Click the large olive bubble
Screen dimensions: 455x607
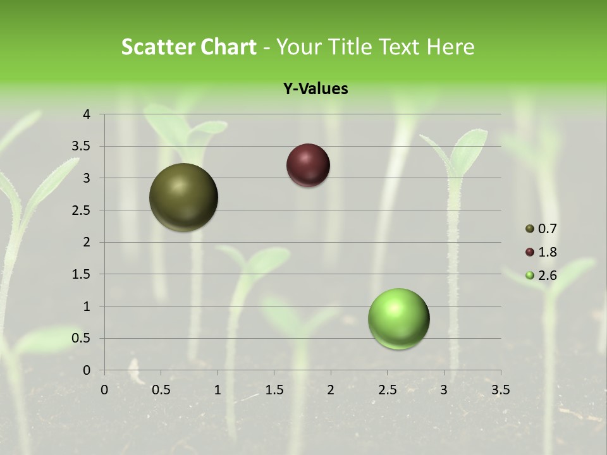click(183, 197)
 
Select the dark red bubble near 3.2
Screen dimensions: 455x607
click(308, 166)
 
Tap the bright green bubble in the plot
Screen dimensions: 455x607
click(398, 319)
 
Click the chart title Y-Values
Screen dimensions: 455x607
click(315, 89)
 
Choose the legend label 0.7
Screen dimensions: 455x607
click(548, 229)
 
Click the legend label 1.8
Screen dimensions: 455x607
click(548, 252)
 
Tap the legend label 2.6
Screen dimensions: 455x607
click(548, 276)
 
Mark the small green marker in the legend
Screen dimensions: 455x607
click(530, 276)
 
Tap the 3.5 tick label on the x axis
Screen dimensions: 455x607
click(500, 390)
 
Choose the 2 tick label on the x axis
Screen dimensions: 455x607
click(331, 390)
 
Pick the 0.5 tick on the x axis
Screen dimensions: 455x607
click(161, 390)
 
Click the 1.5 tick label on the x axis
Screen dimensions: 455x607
click(274, 390)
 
